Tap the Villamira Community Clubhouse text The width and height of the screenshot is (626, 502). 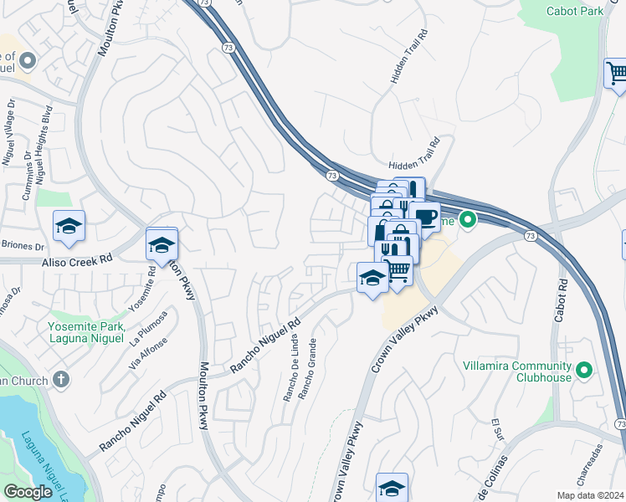click(x=517, y=371)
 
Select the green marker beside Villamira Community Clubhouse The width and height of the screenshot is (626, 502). click(x=584, y=369)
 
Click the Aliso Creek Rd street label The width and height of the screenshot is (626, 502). click(x=78, y=261)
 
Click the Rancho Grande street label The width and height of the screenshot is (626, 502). click(x=310, y=369)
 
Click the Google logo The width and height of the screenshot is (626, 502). click(x=28, y=492)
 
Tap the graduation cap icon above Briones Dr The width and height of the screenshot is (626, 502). click(x=69, y=226)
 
